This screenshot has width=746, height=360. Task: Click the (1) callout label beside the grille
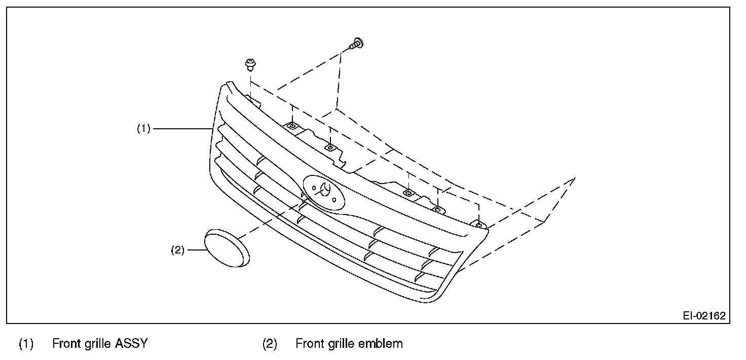[143, 129]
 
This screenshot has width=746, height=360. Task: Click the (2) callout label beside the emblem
[178, 249]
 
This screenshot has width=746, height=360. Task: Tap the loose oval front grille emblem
[227, 247]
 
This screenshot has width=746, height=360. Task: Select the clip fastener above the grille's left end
[249, 64]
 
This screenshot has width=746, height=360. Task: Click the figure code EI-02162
[704, 315]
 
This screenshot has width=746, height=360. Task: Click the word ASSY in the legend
[131, 344]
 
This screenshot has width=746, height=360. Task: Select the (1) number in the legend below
[26, 344]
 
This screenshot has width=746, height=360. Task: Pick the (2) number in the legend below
[270, 344]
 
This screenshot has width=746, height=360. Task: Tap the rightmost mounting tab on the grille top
[477, 223]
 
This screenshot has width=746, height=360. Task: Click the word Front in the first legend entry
[68, 344]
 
